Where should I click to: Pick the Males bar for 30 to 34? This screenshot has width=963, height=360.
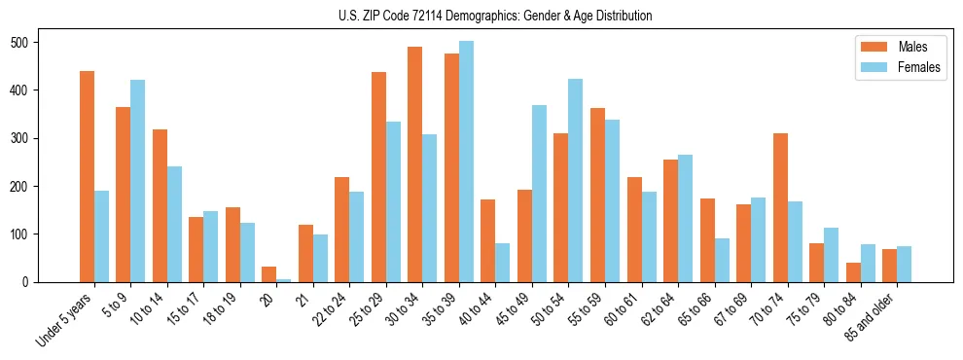(x=415, y=164)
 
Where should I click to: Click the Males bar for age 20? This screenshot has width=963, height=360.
(x=269, y=274)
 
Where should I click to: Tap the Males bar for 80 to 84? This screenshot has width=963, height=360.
(x=817, y=272)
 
